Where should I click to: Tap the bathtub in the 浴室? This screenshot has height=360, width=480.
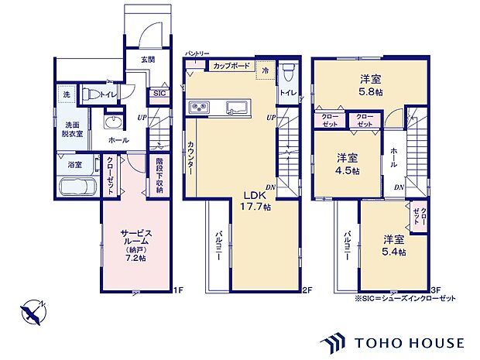(76, 187)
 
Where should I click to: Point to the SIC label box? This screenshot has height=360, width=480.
(159, 93)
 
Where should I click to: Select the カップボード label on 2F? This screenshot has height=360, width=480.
(230, 67)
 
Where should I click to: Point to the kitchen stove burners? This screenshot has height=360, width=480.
(196, 107)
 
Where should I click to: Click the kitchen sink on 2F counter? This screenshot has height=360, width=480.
(233, 108)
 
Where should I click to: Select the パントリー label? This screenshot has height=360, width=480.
(197, 53)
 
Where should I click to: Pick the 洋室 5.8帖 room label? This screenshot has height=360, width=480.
(370, 84)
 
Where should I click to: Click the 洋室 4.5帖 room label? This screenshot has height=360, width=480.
(347, 163)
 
